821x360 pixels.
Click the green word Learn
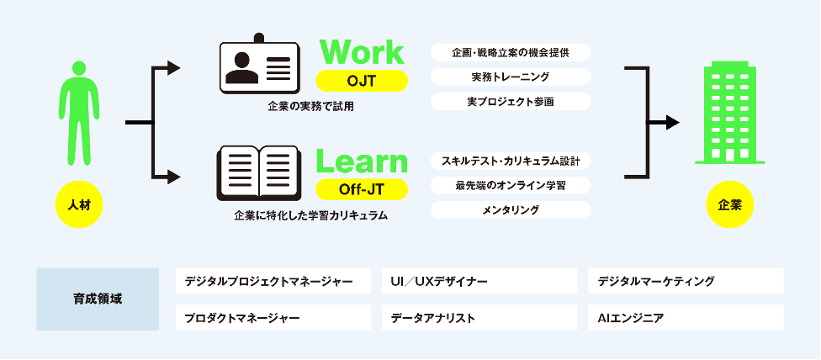pos(362,161)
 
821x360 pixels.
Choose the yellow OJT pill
pos(362,81)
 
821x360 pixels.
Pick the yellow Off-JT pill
pos(362,188)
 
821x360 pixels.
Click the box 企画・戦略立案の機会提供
pos(510,52)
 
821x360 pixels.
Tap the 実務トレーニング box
pos(510,77)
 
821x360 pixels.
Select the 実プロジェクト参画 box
pos(510,101)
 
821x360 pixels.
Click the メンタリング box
pos(510,209)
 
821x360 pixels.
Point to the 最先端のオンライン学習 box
pos(510,185)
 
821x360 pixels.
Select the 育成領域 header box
pos(98,299)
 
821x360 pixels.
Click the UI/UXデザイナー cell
pos(479,281)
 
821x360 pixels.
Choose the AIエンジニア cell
pos(685,318)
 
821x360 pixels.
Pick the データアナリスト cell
pos(479,318)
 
